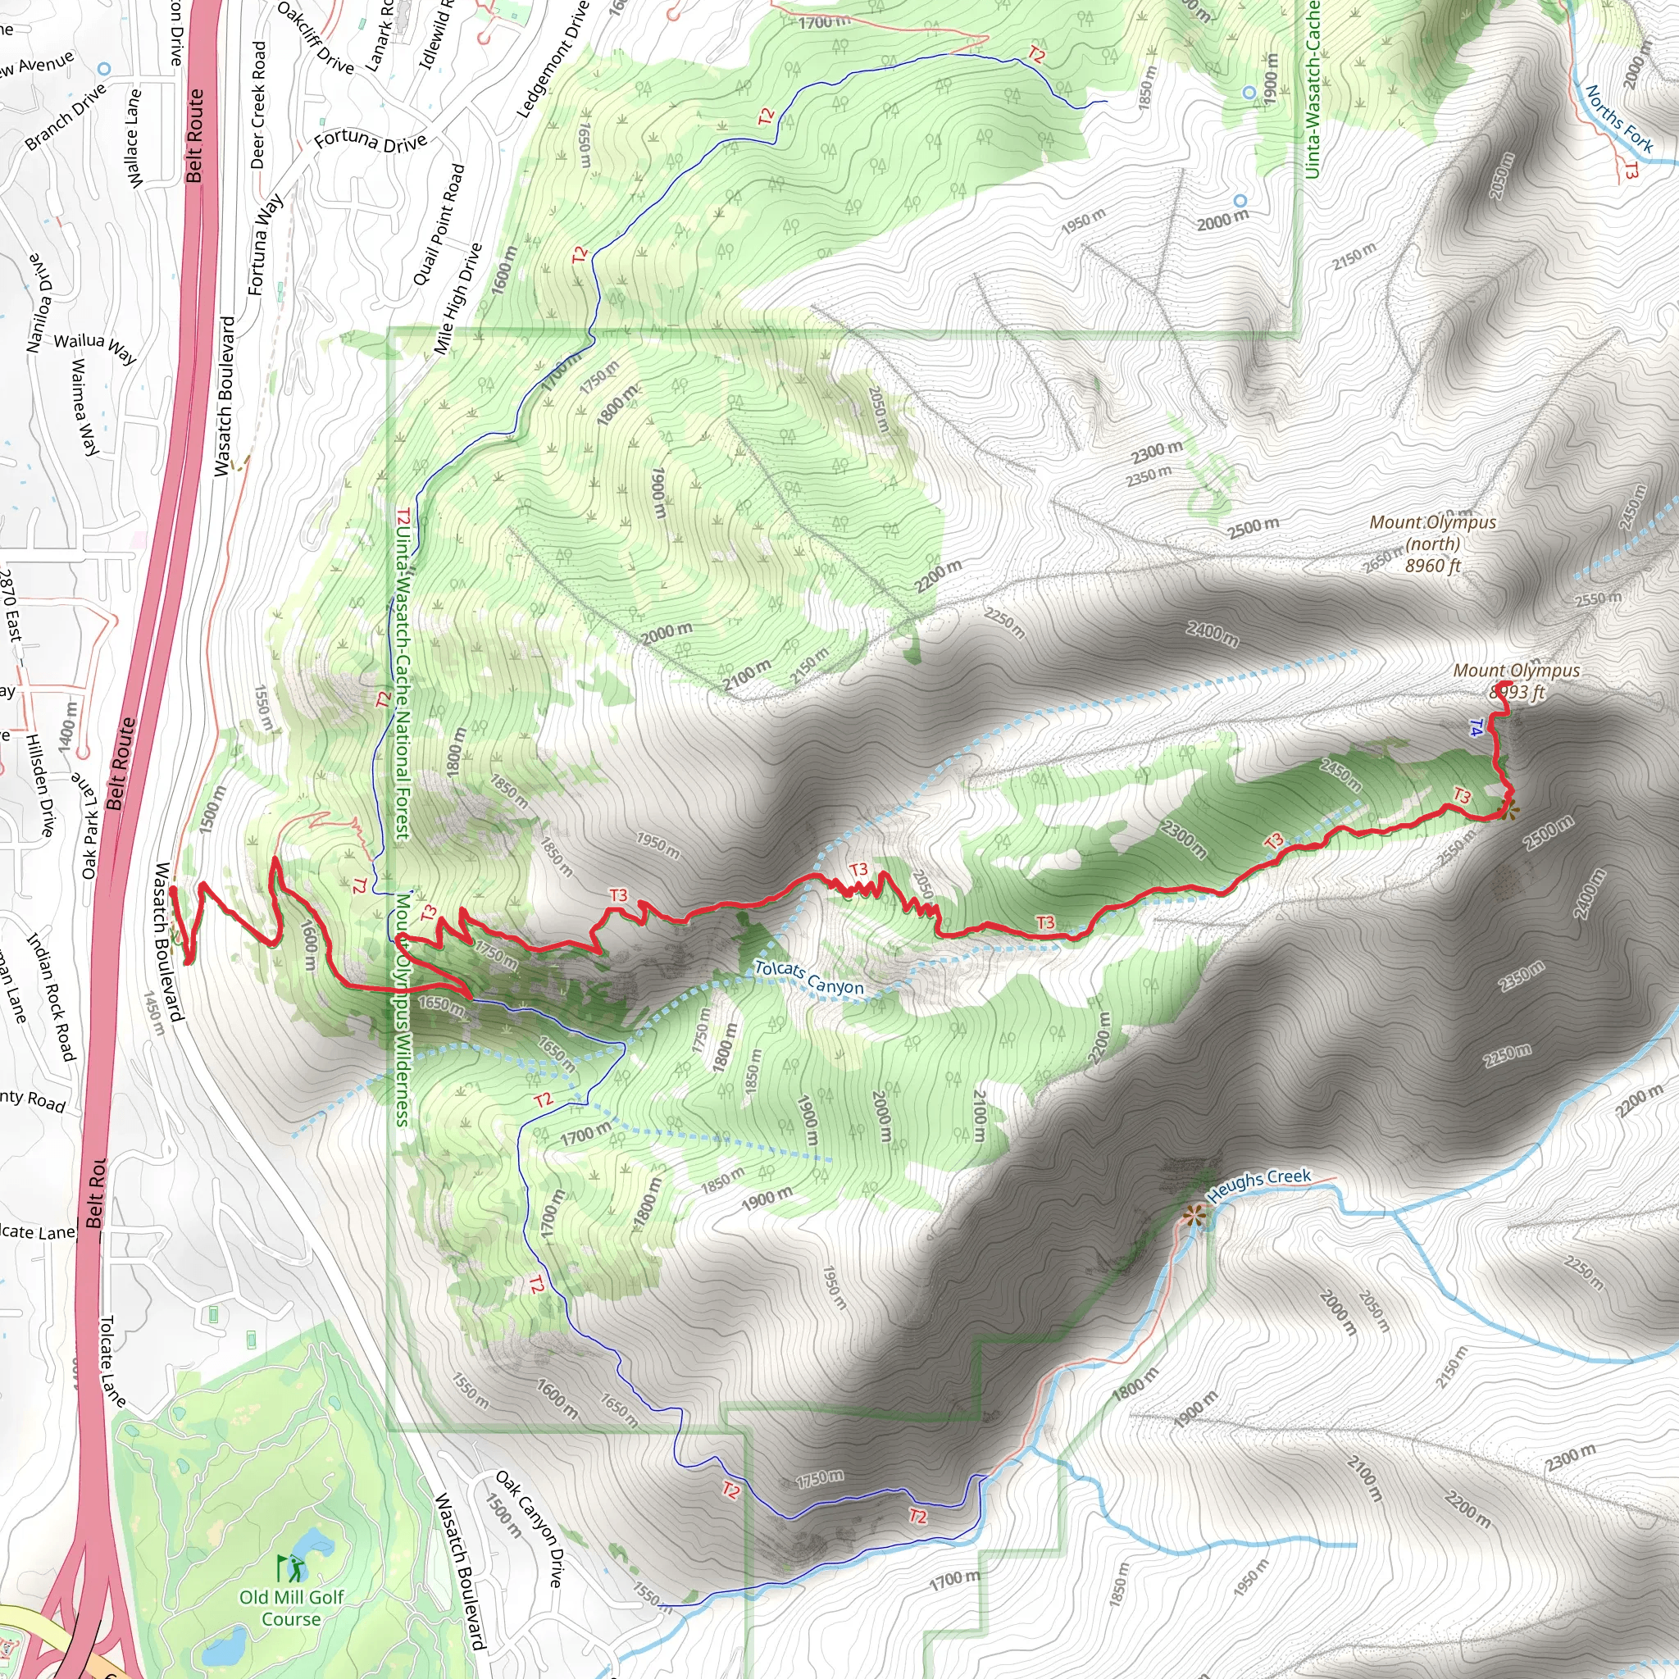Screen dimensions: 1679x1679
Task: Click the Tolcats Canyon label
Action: [x=808, y=978]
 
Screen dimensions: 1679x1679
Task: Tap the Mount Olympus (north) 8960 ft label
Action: [x=1432, y=544]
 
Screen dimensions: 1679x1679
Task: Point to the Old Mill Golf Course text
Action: [x=291, y=1608]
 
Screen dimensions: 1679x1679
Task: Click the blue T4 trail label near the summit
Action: [x=1475, y=728]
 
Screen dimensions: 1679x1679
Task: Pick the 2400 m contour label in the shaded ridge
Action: [x=1213, y=635]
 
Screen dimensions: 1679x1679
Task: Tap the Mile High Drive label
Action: [x=457, y=298]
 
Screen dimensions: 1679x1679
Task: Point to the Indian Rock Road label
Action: [x=52, y=996]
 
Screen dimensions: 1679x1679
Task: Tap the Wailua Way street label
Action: [x=96, y=347]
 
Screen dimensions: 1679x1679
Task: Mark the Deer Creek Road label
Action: [x=258, y=104]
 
